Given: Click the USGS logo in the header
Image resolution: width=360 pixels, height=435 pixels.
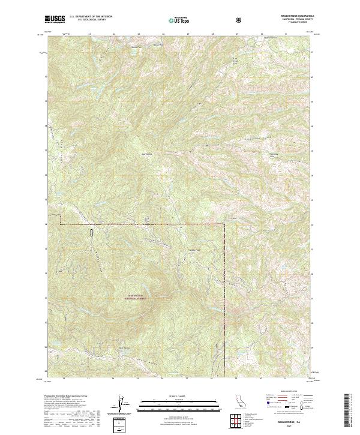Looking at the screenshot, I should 55,20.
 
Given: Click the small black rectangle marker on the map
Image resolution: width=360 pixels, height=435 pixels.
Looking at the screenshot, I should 92,232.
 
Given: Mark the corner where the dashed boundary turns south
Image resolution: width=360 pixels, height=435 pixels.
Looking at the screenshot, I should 225,224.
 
